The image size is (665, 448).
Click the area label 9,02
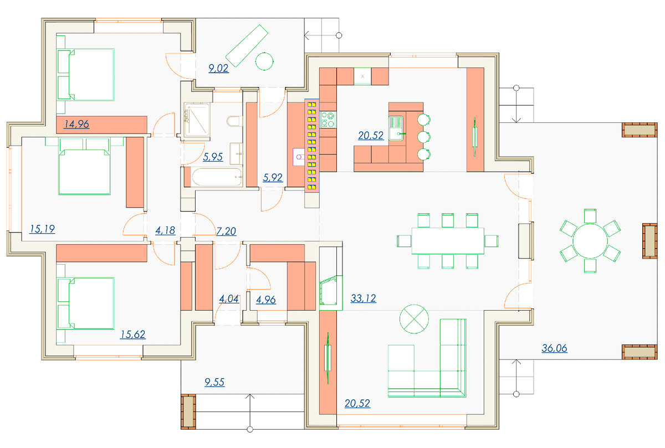click(x=218, y=69)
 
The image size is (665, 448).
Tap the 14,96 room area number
click(x=76, y=124)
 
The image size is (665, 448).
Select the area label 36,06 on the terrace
click(x=554, y=348)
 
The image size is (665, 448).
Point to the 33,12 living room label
click(x=363, y=298)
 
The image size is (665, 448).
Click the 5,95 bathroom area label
click(x=213, y=157)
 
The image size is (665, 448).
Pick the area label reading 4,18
click(x=165, y=230)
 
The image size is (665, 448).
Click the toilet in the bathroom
click(x=234, y=121)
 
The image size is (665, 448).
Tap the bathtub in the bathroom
click(x=217, y=177)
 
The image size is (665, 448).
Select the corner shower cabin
click(x=197, y=120)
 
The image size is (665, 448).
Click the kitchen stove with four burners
click(x=328, y=120)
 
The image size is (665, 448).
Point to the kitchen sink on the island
click(x=396, y=128)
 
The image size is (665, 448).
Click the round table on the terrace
click(x=590, y=241)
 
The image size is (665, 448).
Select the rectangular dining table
click(x=448, y=241)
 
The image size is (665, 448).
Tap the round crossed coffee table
click(x=414, y=319)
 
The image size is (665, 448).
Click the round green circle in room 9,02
click(x=264, y=61)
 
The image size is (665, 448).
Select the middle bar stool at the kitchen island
click(x=423, y=137)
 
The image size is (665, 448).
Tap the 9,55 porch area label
click(x=214, y=382)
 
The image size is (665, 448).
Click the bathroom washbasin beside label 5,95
click(x=236, y=153)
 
